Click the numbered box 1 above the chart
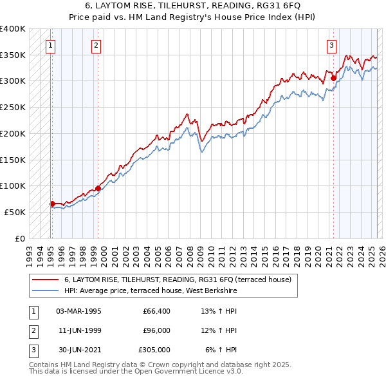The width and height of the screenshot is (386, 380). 50,45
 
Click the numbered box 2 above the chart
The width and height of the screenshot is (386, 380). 96,45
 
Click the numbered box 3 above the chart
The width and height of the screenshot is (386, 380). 331,45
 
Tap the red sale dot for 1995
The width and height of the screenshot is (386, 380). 52,204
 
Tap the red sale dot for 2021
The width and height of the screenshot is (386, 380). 333,79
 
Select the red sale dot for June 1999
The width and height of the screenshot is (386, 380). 98,188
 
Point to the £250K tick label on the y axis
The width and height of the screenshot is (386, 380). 13,107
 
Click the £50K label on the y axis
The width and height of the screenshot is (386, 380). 15,212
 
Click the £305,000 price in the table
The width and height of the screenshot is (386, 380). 154,350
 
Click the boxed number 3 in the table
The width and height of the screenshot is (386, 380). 32,350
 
